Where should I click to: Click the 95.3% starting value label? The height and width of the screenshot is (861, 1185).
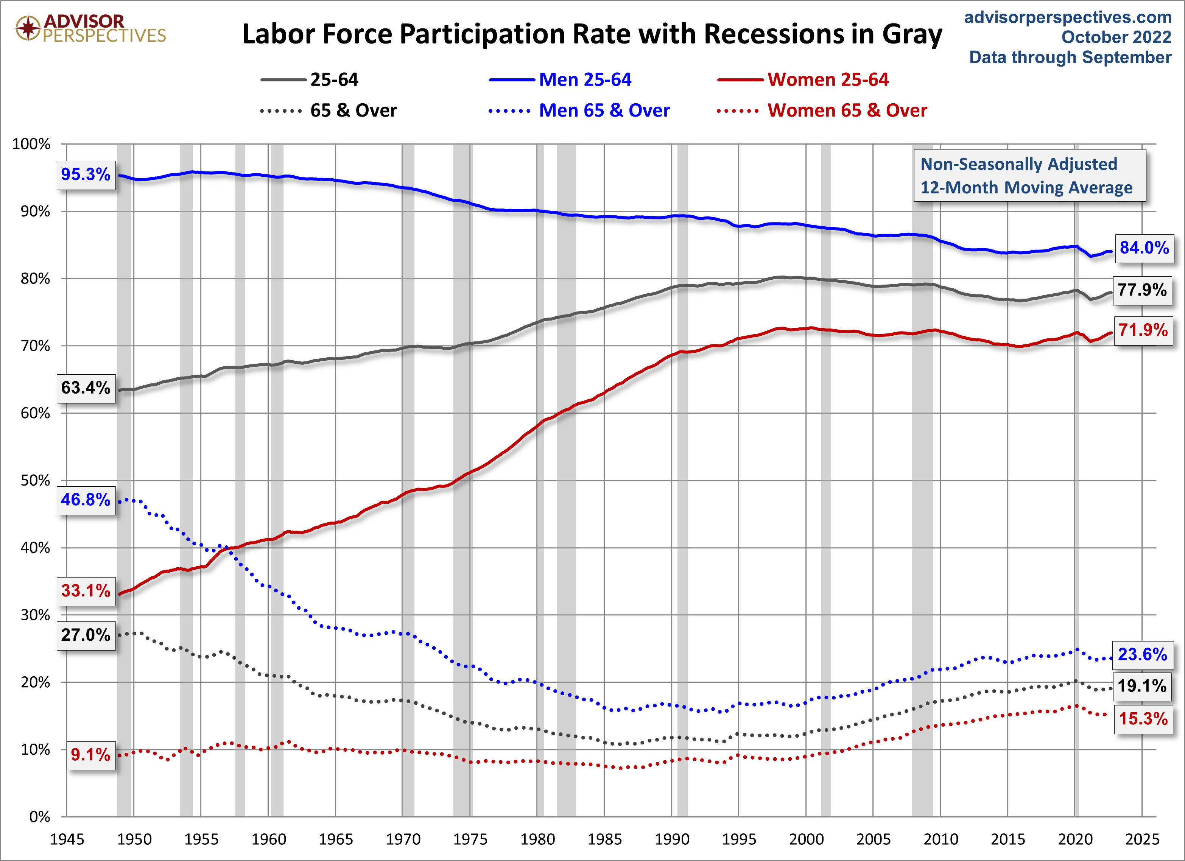tap(86, 174)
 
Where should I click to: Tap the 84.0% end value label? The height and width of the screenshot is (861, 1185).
tap(1144, 248)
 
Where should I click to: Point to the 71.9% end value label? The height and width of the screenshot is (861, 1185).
tap(1143, 330)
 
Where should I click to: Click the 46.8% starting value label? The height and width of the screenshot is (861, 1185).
tap(86, 500)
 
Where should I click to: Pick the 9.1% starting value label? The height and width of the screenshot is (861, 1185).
tap(90, 754)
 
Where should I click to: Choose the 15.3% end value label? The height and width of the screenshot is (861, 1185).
tap(1143, 719)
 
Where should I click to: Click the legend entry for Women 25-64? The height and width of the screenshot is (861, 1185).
tap(828, 79)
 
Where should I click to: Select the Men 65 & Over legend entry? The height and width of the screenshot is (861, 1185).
tap(604, 110)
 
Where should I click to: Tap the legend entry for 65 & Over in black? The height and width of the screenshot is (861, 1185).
tap(353, 110)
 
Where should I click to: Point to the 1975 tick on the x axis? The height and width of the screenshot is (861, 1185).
tap(470, 839)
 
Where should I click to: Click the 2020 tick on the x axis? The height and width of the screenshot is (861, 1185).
tap(1075, 839)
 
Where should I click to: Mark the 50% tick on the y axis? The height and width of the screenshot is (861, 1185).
tap(35, 481)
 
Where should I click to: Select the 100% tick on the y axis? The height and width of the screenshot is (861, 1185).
tap(31, 144)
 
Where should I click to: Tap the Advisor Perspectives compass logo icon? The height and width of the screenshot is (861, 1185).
tap(28, 28)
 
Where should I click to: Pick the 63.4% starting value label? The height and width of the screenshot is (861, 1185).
tap(86, 388)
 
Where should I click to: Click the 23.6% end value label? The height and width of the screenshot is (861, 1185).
tap(1142, 655)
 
